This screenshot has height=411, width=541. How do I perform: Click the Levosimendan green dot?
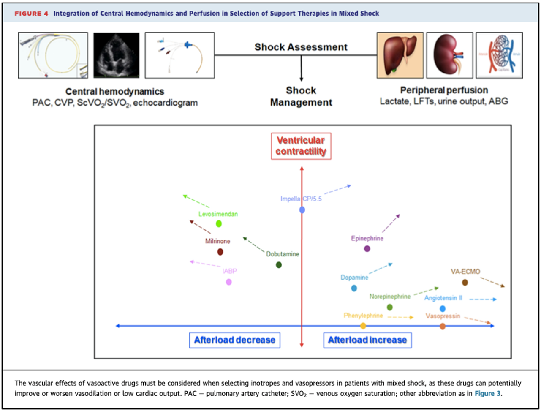click(219, 224)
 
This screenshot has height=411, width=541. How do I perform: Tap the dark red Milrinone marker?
click(220, 252)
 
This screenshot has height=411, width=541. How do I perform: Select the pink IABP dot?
click(229, 282)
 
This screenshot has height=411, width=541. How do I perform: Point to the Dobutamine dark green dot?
click(279, 265)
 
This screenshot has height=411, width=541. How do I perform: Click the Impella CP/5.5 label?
click(301, 199)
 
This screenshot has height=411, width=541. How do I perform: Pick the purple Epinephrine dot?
click(367, 249)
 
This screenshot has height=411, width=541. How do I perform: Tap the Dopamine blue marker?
click(354, 288)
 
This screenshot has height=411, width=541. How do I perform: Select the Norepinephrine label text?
click(390, 297)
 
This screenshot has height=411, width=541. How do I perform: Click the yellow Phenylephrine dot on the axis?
click(363, 326)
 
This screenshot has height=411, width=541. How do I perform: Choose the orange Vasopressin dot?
click(443, 326)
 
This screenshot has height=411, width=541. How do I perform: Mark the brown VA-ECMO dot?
click(465, 283)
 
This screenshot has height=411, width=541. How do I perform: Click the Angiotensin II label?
click(443, 298)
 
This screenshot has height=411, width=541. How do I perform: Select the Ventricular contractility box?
click(301, 146)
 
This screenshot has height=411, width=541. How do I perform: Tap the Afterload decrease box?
click(234, 340)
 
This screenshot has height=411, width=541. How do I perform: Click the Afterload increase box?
click(367, 340)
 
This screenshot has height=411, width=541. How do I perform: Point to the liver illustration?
click(400, 55)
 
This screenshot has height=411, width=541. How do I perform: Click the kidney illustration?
click(449, 55)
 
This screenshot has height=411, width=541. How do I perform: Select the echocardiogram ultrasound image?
click(116, 55)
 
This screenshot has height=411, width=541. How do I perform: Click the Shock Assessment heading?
click(301, 47)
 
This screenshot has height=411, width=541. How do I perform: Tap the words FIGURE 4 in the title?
click(31, 14)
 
